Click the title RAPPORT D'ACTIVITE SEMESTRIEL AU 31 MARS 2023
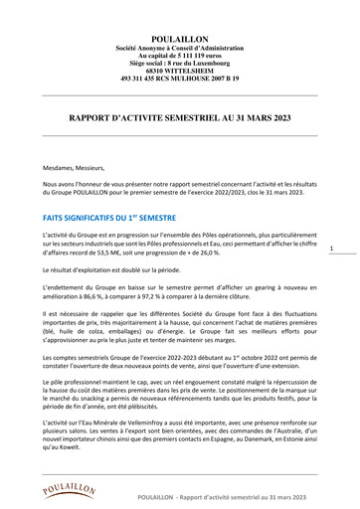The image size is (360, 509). pos(180,117)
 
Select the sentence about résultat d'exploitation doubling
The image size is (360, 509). pos(124,270)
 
